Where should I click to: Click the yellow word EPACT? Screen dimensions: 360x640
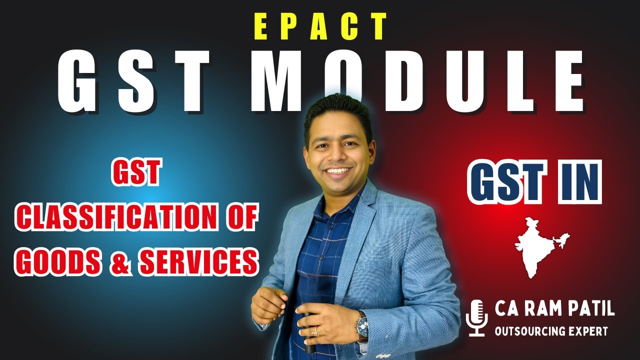pos(319,26)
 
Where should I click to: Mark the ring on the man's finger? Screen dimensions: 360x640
pos(316,330)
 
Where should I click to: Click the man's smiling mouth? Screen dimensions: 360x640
pos(338,171)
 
